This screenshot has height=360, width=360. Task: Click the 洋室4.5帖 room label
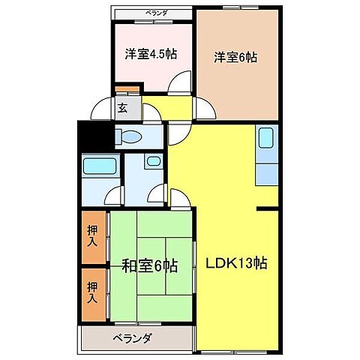click(x=151, y=54)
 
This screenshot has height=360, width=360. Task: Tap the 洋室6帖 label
click(x=235, y=56)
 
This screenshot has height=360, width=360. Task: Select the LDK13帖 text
click(x=237, y=264)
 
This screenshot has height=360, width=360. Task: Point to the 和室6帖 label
click(x=151, y=265)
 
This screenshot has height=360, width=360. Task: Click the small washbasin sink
click(x=152, y=161)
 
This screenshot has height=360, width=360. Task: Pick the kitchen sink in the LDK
click(x=267, y=139)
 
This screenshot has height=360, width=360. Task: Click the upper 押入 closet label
click(x=92, y=238)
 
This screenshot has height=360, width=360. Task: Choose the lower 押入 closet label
click(x=92, y=290)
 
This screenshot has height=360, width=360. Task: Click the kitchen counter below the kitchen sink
click(x=267, y=172)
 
